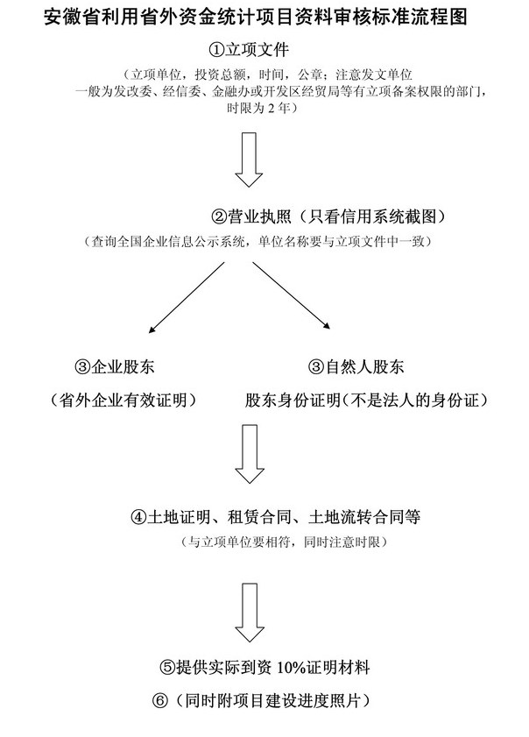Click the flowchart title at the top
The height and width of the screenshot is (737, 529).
coord(256,18)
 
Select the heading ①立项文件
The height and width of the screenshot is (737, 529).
coord(249,49)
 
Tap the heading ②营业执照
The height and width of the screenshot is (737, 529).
coord(251,216)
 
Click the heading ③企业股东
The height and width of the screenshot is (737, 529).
coord(114,366)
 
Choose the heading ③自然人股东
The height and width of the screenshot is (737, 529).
coord(356,366)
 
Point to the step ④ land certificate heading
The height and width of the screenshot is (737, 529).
coord(275,517)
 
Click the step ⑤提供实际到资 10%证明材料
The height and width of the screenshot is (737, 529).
coord(265,668)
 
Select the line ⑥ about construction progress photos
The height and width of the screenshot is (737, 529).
coord(261,701)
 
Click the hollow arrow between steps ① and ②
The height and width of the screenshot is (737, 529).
coord(249,159)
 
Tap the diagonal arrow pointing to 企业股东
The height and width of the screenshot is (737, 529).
coord(187,298)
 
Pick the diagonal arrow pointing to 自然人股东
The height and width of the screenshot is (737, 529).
coord(292,295)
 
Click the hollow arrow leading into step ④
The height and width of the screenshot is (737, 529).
coord(250,454)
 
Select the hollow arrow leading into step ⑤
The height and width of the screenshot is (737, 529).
coord(250,613)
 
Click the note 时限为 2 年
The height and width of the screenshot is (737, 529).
coord(259,109)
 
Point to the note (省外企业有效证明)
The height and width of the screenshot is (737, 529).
coord(123,400)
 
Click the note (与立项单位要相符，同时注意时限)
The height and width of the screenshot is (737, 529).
coord(285,542)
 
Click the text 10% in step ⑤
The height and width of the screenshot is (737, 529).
coord(292,668)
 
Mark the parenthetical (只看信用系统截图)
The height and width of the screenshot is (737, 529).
coord(370,216)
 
